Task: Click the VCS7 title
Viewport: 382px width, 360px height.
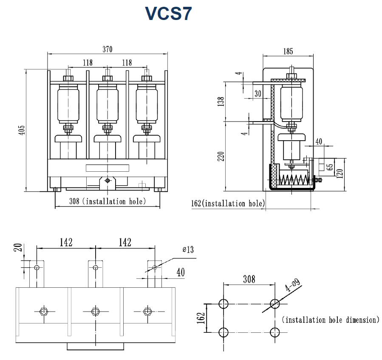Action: tap(168, 14)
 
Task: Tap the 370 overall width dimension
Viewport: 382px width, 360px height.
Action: tap(107, 49)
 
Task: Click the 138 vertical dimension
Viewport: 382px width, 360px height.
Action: tap(221, 102)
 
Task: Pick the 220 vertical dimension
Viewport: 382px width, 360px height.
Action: tap(221, 157)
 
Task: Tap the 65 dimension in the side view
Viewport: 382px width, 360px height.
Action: tap(330, 166)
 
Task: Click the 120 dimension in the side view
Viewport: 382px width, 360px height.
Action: tap(340, 174)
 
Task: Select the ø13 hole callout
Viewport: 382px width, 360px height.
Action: tap(188, 249)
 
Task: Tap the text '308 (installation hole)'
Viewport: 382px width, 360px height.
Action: tap(107, 201)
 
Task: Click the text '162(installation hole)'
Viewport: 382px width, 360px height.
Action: tap(227, 204)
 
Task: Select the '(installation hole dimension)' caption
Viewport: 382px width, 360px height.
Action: tap(330, 320)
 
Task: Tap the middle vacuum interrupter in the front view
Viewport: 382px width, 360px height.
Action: tap(107, 104)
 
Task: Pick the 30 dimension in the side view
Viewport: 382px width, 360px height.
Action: tap(257, 94)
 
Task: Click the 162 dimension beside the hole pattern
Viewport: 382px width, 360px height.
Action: tap(202, 317)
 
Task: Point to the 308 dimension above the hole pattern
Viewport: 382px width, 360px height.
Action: tap(249, 279)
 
